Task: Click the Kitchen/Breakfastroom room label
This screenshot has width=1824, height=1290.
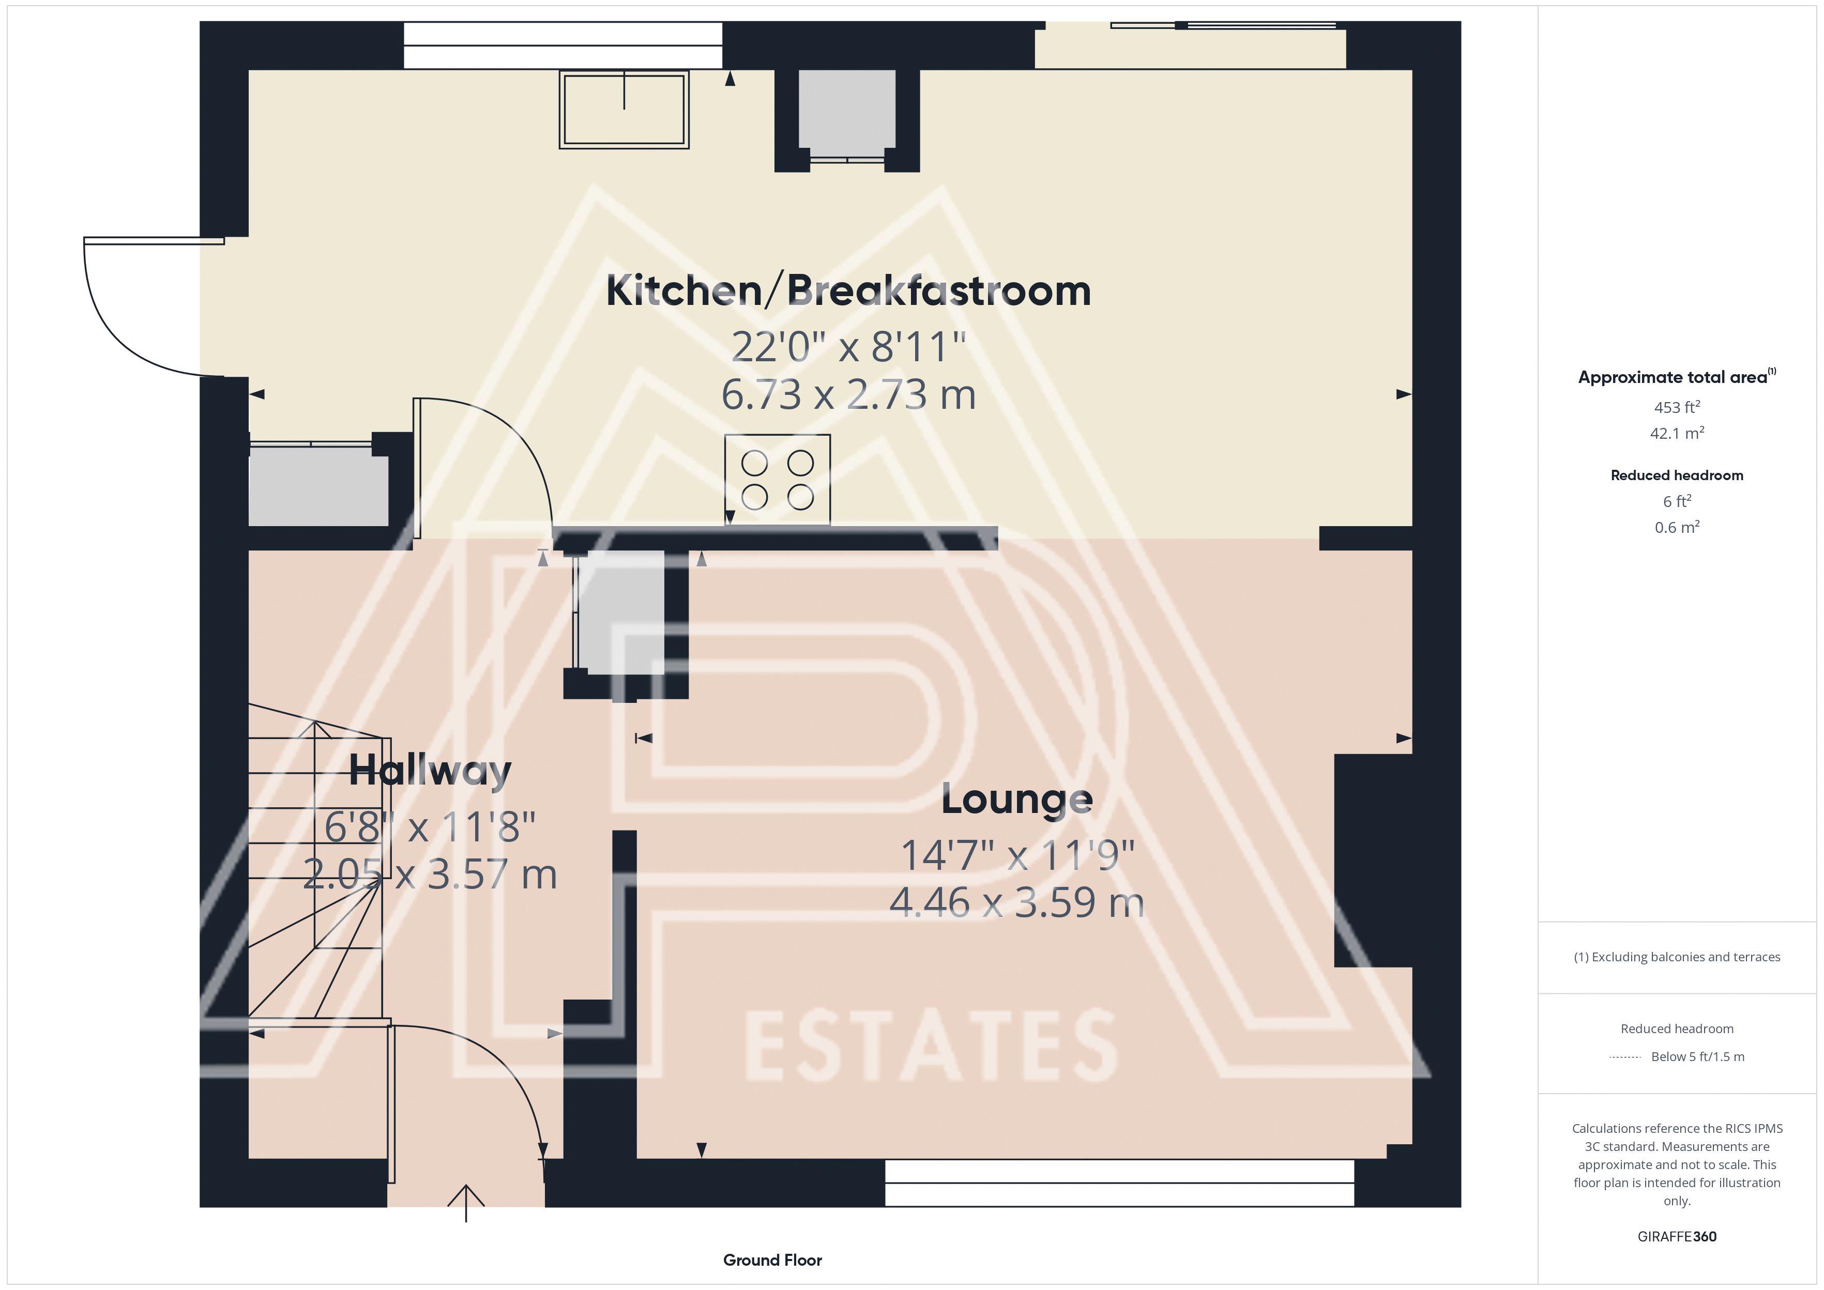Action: coord(848,291)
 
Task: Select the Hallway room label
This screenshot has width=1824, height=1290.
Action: coord(430,771)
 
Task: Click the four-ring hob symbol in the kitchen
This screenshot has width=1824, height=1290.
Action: coord(777,480)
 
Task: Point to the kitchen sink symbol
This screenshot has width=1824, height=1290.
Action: coord(625,110)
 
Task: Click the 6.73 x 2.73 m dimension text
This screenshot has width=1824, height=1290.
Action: coord(848,395)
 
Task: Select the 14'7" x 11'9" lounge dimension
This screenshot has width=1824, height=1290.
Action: coord(1017,855)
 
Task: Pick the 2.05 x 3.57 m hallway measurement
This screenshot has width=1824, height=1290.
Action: coord(430,874)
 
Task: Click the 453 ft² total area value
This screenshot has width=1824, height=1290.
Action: coord(1677,407)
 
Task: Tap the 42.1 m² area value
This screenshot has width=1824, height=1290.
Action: coord(1677,433)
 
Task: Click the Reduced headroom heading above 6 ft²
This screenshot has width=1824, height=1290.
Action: coord(1677,475)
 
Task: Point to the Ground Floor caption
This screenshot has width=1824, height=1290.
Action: coord(772,1260)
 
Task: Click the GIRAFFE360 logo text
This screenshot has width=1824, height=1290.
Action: coord(1677,1237)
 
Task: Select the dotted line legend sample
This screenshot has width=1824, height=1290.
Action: coord(1624,1057)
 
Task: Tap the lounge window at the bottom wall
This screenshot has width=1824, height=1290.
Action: coord(1119,1183)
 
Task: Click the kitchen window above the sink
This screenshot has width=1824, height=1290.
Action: coord(563,45)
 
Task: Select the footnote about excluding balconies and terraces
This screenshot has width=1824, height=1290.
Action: coord(1677,957)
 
